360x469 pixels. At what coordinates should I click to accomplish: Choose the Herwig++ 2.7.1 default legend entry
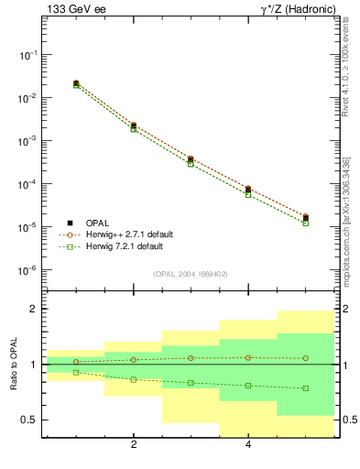point(124,234)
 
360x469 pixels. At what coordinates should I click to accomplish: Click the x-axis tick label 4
point(248,446)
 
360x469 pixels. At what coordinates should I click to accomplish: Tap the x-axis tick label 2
point(134,446)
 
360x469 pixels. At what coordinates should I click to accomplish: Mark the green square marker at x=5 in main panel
point(305,223)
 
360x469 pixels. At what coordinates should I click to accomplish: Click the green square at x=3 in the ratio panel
point(191,382)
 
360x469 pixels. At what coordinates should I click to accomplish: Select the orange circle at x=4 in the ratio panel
point(248,357)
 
